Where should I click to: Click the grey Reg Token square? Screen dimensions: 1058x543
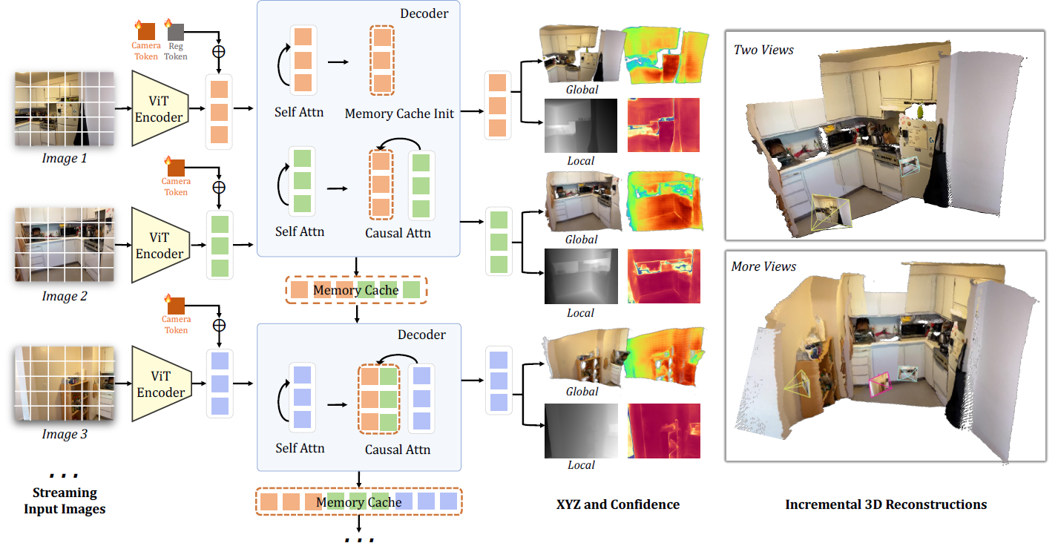point(176,32)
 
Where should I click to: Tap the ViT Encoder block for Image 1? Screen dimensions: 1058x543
point(160,108)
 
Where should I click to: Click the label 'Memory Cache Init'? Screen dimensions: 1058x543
point(399,113)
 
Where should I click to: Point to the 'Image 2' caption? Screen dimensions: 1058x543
point(65,296)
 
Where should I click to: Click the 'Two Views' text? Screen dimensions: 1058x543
point(763,50)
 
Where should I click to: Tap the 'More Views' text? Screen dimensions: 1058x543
point(763,267)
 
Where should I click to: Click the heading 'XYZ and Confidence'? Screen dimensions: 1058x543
point(618,504)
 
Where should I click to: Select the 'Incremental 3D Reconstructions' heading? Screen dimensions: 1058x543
point(886,504)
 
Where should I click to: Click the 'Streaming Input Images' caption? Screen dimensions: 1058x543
point(65,501)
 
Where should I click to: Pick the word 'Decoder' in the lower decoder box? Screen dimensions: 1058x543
point(421,335)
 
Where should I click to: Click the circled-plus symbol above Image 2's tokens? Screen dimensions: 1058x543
point(219,188)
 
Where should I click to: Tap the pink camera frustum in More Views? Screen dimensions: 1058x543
point(879,384)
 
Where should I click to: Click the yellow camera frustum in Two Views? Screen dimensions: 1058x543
point(831,212)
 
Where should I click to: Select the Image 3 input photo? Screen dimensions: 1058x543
point(65,384)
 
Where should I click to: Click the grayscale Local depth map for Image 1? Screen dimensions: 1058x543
point(580,125)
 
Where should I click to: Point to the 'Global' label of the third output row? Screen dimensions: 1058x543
point(582,392)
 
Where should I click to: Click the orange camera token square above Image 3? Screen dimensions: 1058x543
point(176,306)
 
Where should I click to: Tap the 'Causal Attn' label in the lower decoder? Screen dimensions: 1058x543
point(398,450)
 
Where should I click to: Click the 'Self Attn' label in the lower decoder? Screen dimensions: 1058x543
point(300,448)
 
